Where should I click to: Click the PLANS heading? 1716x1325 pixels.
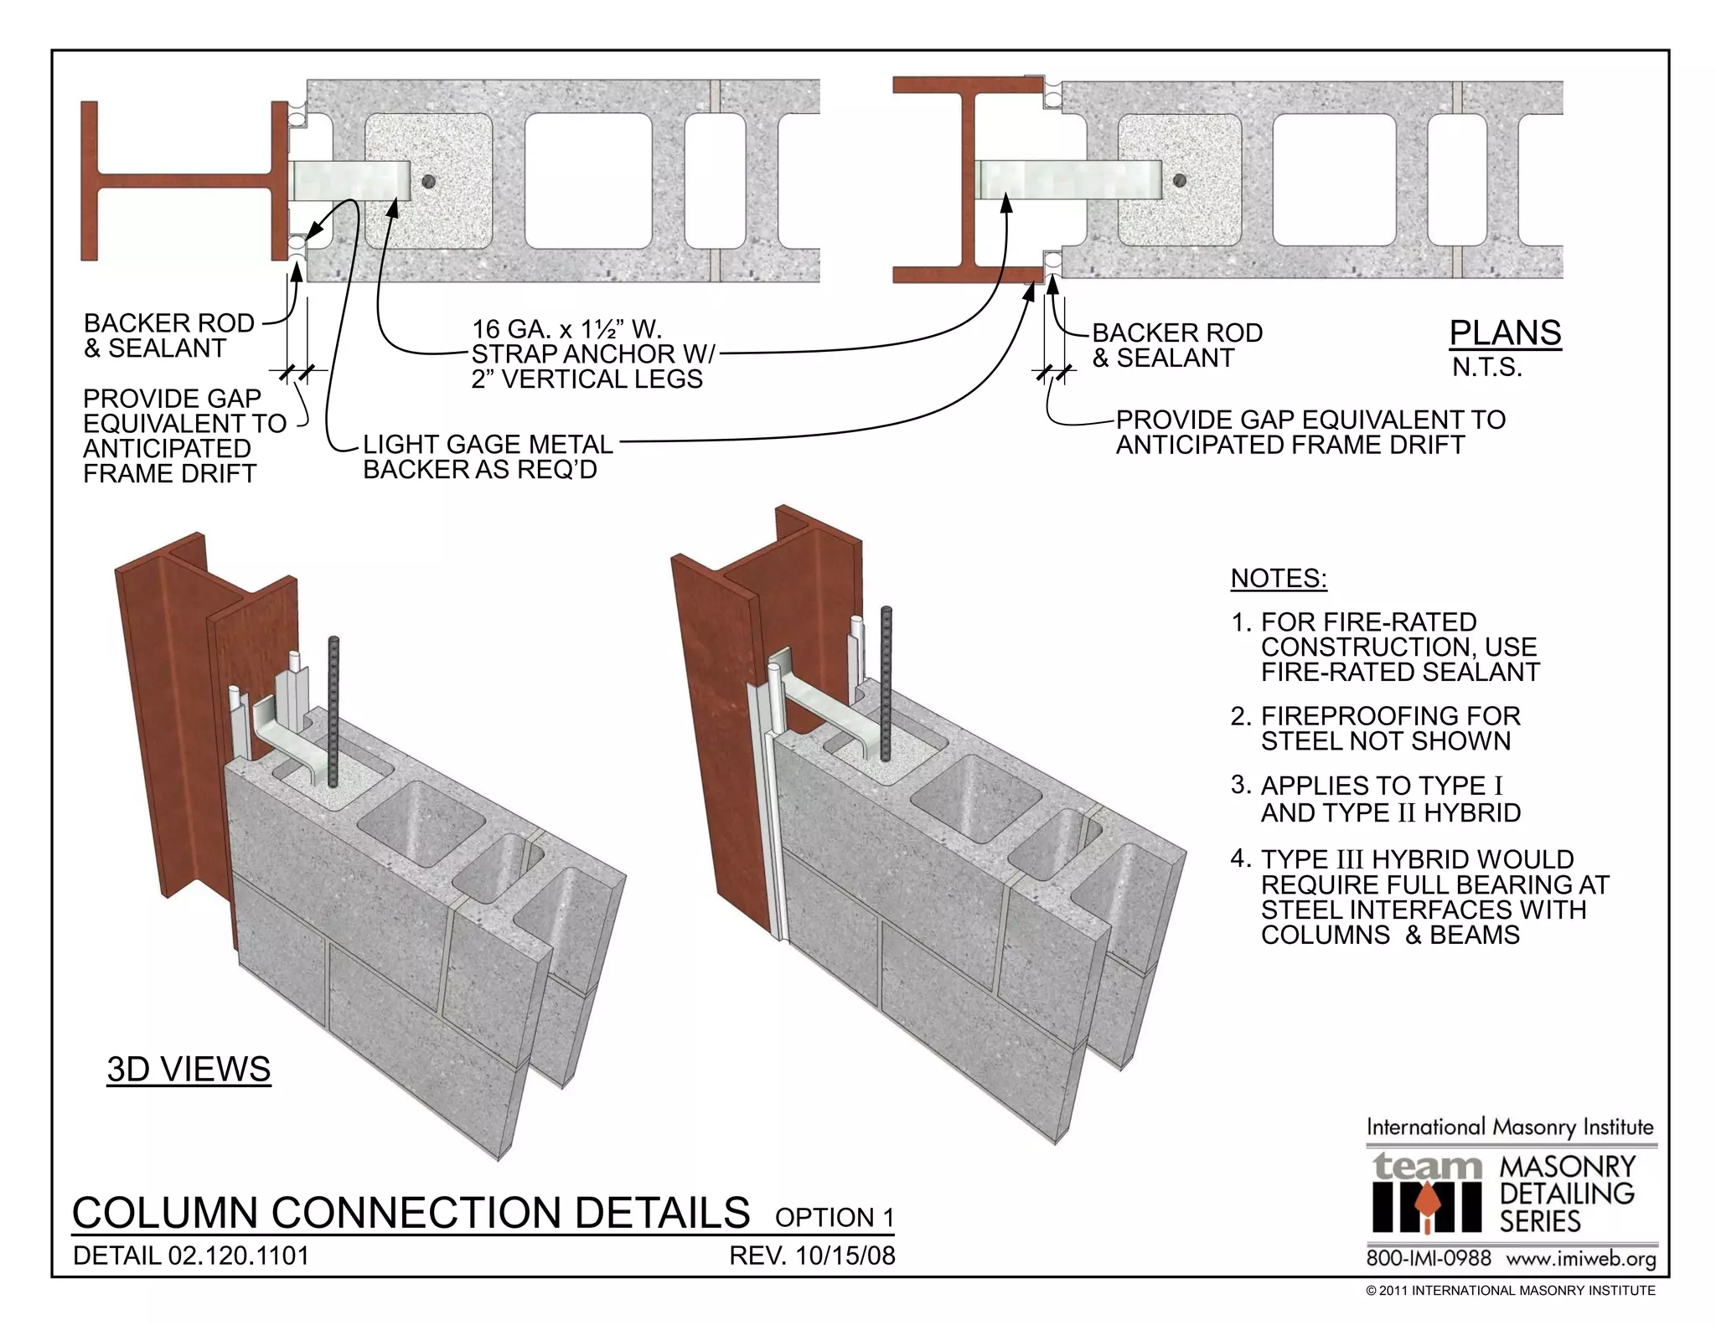coord(1505,333)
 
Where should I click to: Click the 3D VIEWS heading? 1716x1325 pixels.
coord(189,1070)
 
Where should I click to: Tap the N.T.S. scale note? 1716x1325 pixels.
coord(1486,367)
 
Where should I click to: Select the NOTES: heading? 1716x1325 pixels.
coord(1278,579)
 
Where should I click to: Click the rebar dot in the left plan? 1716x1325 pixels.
coord(429,181)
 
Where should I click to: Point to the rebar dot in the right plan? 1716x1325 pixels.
coord(1179,180)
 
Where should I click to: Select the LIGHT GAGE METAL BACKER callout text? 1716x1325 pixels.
coord(487,456)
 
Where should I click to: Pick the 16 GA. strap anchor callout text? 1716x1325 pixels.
coord(591,353)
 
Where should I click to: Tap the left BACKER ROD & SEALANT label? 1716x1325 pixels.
coord(168,336)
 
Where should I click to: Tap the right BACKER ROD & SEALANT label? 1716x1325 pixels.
coord(1176,345)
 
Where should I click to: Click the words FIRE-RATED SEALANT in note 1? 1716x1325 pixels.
coord(1399,672)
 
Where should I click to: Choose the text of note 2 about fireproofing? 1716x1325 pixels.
coord(1389,728)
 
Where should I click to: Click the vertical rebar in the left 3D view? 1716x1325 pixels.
coord(334,712)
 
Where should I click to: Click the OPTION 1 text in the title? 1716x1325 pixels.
coord(834,1217)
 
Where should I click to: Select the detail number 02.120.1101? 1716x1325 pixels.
coord(238,1255)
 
